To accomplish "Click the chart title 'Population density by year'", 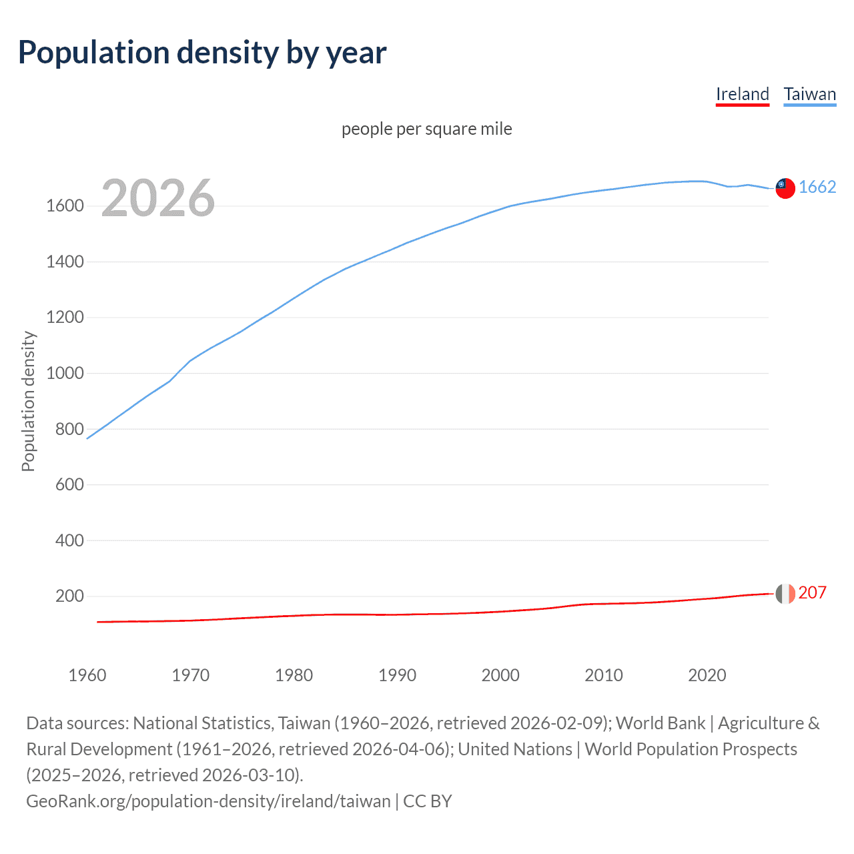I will click(x=202, y=53).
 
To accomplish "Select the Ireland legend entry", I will click(x=742, y=94).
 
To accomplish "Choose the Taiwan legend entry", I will click(x=809, y=94).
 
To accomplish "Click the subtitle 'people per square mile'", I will click(x=426, y=129).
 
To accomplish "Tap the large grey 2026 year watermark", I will click(x=158, y=198).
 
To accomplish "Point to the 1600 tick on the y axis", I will click(x=65, y=205).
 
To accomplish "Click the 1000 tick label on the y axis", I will click(x=65, y=373).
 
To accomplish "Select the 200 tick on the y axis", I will click(x=69, y=596).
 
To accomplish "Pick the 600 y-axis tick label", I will click(x=69, y=484).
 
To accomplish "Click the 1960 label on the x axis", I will click(x=87, y=675).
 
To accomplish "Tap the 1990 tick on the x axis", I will click(x=397, y=675).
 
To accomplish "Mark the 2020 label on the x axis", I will click(x=707, y=675).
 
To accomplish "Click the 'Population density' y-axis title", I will click(x=28, y=401).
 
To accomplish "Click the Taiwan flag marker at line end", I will click(x=785, y=188).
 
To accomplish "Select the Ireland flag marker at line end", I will click(x=785, y=593).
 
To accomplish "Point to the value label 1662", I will click(x=817, y=187).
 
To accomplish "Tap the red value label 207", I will click(x=812, y=592).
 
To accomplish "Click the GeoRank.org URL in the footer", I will click(x=208, y=801).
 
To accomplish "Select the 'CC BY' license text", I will click(x=428, y=801).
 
